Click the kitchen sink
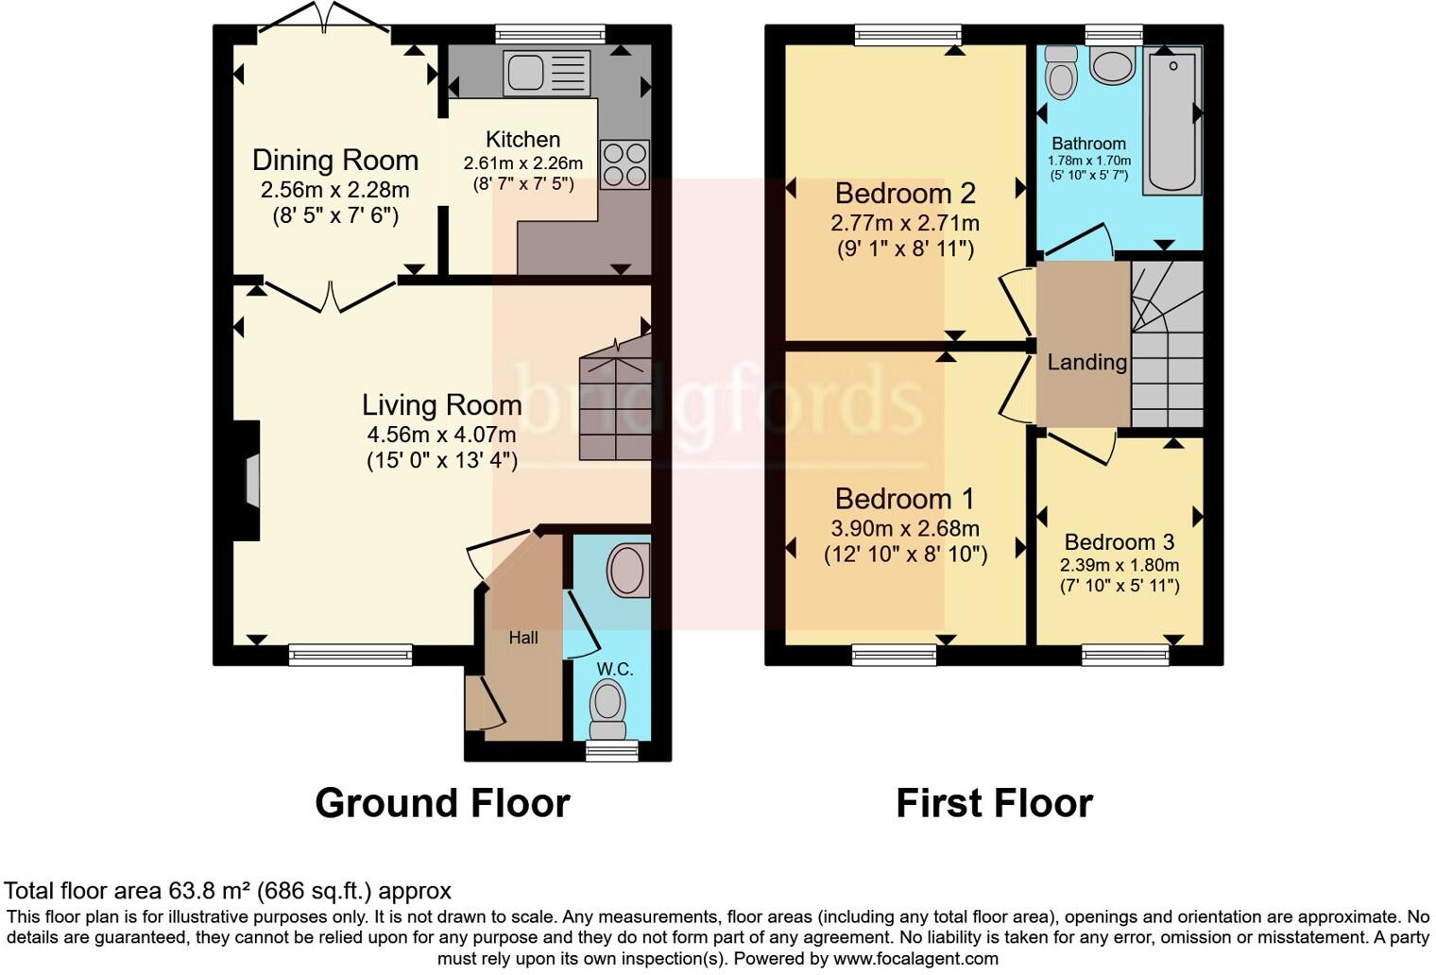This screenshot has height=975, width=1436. [546, 73]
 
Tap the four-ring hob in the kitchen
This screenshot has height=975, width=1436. [624, 164]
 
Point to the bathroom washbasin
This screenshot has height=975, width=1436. [1112, 65]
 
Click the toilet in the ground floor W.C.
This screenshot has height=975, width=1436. [607, 710]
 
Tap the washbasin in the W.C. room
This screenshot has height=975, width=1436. [628, 570]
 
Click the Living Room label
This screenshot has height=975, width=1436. [441, 405]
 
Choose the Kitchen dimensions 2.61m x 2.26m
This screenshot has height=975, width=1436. [522, 163]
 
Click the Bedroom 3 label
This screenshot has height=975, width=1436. [1119, 542]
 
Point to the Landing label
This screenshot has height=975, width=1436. [1086, 363]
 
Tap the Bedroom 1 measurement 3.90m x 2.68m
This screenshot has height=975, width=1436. [904, 529]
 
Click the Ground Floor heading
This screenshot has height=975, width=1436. [442, 803]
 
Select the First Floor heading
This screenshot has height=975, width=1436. [994, 803]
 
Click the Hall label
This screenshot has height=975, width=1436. [522, 638]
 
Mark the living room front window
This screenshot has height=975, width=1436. [350, 654]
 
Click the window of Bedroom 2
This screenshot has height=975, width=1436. [907, 35]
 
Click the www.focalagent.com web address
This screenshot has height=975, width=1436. [915, 959]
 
